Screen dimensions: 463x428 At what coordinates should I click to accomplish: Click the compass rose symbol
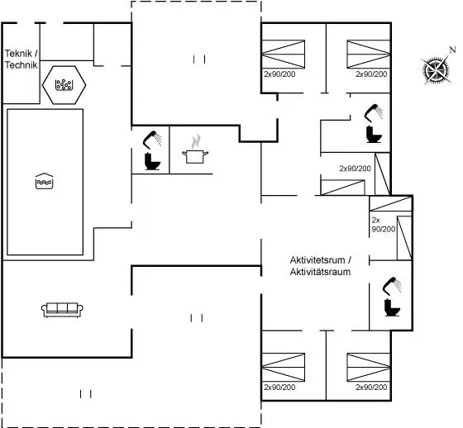pyautogui.click(x=436, y=70)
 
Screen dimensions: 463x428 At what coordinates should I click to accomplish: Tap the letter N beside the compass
pyautogui.click(x=452, y=50)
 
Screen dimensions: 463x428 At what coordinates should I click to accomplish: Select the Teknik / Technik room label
pyautogui.click(x=21, y=59)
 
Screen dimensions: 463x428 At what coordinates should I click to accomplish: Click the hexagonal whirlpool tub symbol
pyautogui.click(x=64, y=85)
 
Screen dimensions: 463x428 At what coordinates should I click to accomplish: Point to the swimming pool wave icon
pyautogui.click(x=44, y=181)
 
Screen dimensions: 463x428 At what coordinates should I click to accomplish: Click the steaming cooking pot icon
pyautogui.click(x=195, y=150)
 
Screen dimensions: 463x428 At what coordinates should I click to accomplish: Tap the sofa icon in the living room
pyautogui.click(x=62, y=310)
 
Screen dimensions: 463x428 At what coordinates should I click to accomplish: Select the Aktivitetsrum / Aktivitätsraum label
pyautogui.click(x=321, y=266)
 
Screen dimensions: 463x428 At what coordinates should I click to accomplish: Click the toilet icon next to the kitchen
pyautogui.click(x=152, y=161)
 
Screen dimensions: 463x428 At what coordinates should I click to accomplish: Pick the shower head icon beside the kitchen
pyautogui.click(x=152, y=139)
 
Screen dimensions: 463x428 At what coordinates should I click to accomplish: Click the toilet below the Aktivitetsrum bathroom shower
pyautogui.click(x=392, y=307)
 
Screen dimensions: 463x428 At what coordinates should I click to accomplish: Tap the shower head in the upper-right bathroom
pyautogui.click(x=374, y=112)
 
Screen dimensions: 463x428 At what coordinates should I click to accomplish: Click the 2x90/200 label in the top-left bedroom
pyautogui.click(x=279, y=74)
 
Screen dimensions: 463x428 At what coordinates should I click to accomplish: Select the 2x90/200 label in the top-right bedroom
pyautogui.click(x=371, y=74)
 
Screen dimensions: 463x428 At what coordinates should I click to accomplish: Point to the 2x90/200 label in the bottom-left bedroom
pyautogui.click(x=279, y=387)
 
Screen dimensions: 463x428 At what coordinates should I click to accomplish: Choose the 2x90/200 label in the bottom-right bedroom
pyautogui.click(x=371, y=387)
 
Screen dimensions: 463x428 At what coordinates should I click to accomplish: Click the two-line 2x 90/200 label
pyautogui.click(x=384, y=225)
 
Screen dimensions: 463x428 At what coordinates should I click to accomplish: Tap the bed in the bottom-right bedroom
pyautogui.click(x=369, y=367)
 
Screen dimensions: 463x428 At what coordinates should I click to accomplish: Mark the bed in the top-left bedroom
pyautogui.click(x=284, y=54)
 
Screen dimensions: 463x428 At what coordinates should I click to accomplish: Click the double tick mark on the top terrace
pyautogui.click(x=199, y=59)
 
